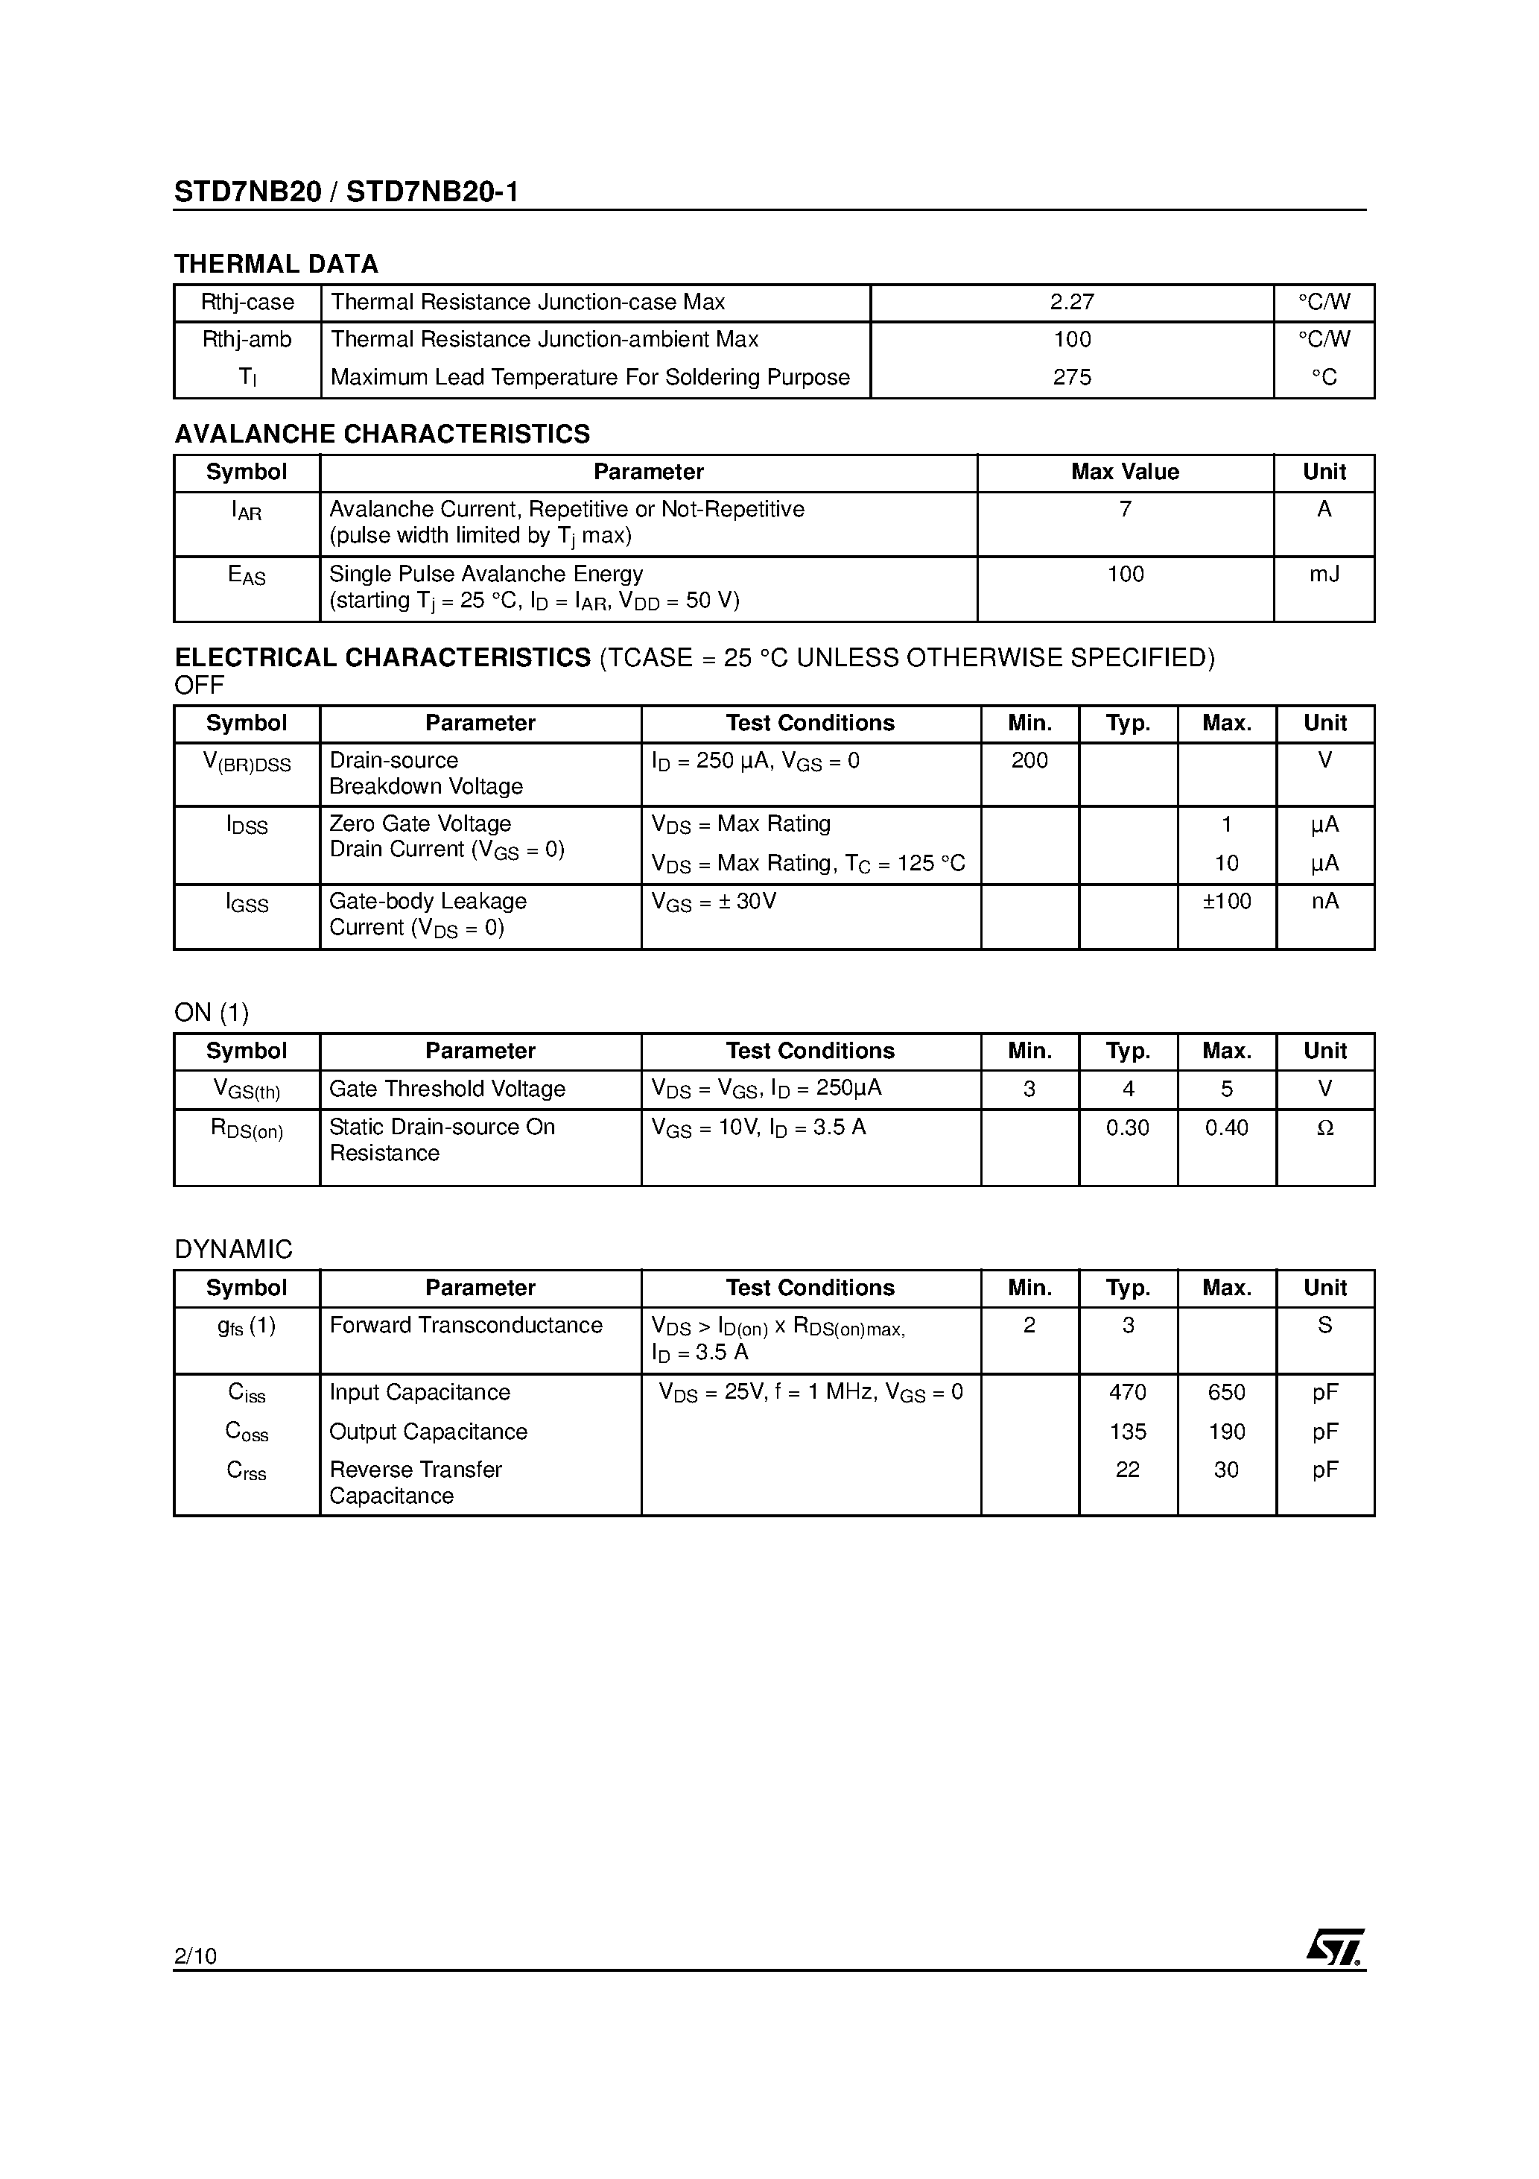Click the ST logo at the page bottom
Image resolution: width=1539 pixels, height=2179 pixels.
(x=1334, y=1947)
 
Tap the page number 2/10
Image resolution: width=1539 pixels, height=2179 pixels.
(x=195, y=1955)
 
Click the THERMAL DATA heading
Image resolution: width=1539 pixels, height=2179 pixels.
(x=276, y=264)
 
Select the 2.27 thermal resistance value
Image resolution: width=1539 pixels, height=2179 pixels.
(x=1072, y=302)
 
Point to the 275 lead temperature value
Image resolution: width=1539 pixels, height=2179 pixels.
(x=1072, y=377)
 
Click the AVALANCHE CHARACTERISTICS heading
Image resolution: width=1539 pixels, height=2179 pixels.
(x=381, y=434)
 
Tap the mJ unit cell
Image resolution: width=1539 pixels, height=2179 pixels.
(x=1324, y=574)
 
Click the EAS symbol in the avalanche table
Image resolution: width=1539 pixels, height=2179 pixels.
(x=247, y=575)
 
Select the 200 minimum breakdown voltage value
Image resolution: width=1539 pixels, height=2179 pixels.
(x=1029, y=760)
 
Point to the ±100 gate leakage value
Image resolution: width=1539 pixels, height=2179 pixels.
(x=1226, y=901)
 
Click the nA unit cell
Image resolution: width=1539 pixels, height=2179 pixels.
(x=1324, y=901)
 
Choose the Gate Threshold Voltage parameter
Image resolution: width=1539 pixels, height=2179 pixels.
(x=447, y=1089)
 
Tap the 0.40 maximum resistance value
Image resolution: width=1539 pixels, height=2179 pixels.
(x=1226, y=1128)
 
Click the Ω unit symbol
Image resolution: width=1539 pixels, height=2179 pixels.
(x=1324, y=1128)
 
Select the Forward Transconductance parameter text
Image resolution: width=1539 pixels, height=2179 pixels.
(x=466, y=1325)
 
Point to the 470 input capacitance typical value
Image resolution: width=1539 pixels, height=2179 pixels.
(x=1127, y=1392)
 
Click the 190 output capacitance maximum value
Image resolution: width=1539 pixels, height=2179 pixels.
(x=1226, y=1431)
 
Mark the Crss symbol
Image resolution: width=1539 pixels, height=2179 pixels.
(x=247, y=1470)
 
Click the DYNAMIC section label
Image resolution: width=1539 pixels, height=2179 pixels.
(x=233, y=1249)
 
